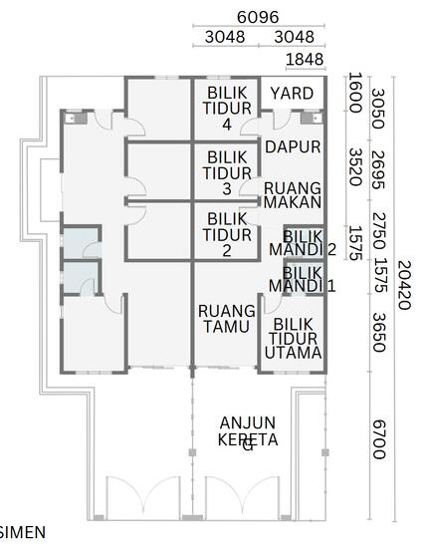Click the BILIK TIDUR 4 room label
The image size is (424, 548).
coord(227,108)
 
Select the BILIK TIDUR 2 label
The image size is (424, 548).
coord(227,234)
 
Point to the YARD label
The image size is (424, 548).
coord(292,93)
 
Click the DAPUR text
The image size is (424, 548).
coord(293,146)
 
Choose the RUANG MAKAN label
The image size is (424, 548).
coord(293,194)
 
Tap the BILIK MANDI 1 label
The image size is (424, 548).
coord(303,279)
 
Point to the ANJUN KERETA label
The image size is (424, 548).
coord(248,431)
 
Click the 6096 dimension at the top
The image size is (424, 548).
coord(257,17)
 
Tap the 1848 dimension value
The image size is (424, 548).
coord(304,61)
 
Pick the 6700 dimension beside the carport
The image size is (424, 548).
coord(378,439)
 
